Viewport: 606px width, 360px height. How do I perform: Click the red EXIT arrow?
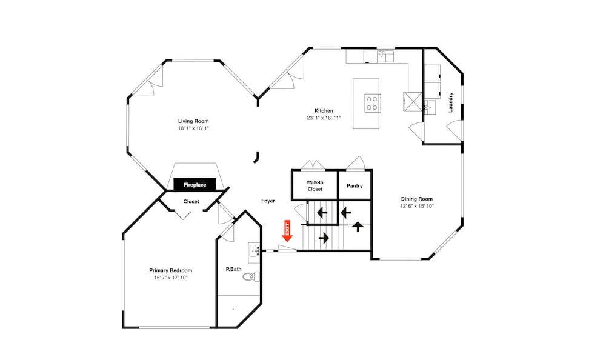click(x=287, y=231)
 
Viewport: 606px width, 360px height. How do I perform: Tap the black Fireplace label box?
click(x=195, y=185)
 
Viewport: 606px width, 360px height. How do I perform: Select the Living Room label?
click(x=193, y=121)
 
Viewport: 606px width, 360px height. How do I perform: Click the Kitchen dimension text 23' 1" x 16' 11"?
click(x=324, y=118)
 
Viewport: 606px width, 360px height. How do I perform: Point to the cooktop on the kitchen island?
click(x=373, y=103)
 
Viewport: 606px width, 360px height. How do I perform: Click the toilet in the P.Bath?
click(x=253, y=276)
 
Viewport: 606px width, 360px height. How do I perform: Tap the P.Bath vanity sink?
click(x=254, y=250)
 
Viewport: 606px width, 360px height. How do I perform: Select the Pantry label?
click(x=355, y=186)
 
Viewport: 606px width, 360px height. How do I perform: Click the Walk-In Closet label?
click(x=315, y=185)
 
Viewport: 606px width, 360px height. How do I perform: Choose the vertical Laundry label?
click(x=450, y=102)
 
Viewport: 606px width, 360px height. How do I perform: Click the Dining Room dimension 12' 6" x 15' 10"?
click(x=417, y=206)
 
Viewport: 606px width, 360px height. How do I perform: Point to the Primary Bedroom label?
click(x=171, y=270)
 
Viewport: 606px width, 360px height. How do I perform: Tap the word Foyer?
click(x=268, y=201)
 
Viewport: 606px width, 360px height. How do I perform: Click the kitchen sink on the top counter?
click(x=385, y=56)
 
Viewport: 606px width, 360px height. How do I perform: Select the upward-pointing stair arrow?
click(x=358, y=227)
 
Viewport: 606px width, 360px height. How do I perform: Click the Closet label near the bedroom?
click(x=191, y=201)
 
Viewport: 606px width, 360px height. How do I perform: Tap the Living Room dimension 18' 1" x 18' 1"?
click(x=193, y=128)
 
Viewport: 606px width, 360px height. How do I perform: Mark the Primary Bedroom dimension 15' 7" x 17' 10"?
click(x=171, y=278)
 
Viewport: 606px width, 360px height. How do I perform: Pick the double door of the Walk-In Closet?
click(x=313, y=165)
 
